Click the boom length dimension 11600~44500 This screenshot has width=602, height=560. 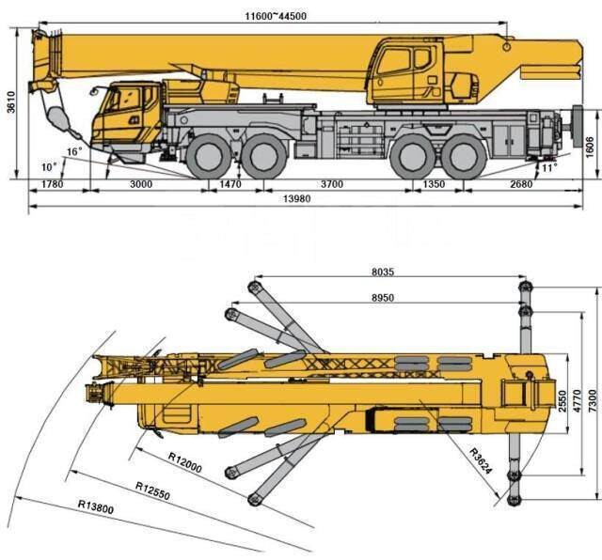click(276, 16)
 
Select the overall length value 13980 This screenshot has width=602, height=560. click(296, 198)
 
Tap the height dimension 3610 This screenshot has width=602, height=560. click(11, 102)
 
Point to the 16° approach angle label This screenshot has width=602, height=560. click(74, 152)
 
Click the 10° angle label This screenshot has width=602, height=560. click(50, 167)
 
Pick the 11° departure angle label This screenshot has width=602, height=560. click(549, 167)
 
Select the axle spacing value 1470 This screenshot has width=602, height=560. click(230, 184)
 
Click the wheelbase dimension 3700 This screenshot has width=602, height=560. click(332, 184)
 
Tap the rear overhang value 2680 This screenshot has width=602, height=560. click(521, 184)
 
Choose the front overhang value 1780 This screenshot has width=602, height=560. click(53, 184)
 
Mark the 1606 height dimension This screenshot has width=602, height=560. click(590, 147)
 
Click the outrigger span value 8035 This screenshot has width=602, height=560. click(383, 272)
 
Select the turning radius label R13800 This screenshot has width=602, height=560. click(96, 506)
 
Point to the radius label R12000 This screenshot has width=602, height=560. click(185, 462)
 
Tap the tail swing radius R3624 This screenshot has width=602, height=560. click(481, 460)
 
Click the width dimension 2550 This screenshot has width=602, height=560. click(562, 401)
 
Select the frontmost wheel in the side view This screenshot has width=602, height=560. click(210, 157)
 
